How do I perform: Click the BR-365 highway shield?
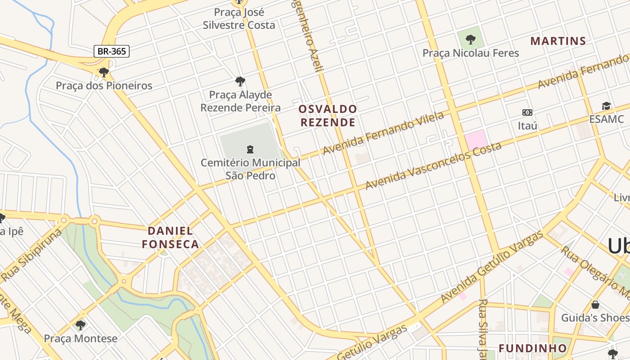pyautogui.click(x=112, y=51)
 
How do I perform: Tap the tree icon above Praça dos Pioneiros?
pyautogui.click(x=104, y=72)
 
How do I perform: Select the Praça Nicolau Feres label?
pyautogui.click(x=470, y=53)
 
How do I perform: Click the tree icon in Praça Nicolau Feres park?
pyautogui.click(x=471, y=40)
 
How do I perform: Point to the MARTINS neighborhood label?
pyautogui.click(x=558, y=41)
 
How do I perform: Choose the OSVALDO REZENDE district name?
pyautogui.click(x=328, y=116)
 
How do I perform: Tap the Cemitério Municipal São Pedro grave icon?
pyautogui.click(x=250, y=149)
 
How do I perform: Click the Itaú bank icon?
pyautogui.click(x=527, y=112)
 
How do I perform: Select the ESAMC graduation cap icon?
pyautogui.click(x=606, y=106)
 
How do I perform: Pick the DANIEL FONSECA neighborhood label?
pyautogui.click(x=171, y=238)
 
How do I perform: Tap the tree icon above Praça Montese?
pyautogui.click(x=81, y=324)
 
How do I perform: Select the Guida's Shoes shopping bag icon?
pyautogui.click(x=595, y=305)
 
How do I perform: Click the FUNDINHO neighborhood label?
pyautogui.click(x=532, y=348)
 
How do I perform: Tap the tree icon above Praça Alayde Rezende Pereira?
pyautogui.click(x=240, y=81)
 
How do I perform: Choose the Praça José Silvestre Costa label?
pyautogui.click(x=238, y=18)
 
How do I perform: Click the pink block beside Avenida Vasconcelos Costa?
pyautogui.click(x=476, y=140)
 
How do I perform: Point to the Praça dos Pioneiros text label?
pyautogui.click(x=104, y=85)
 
